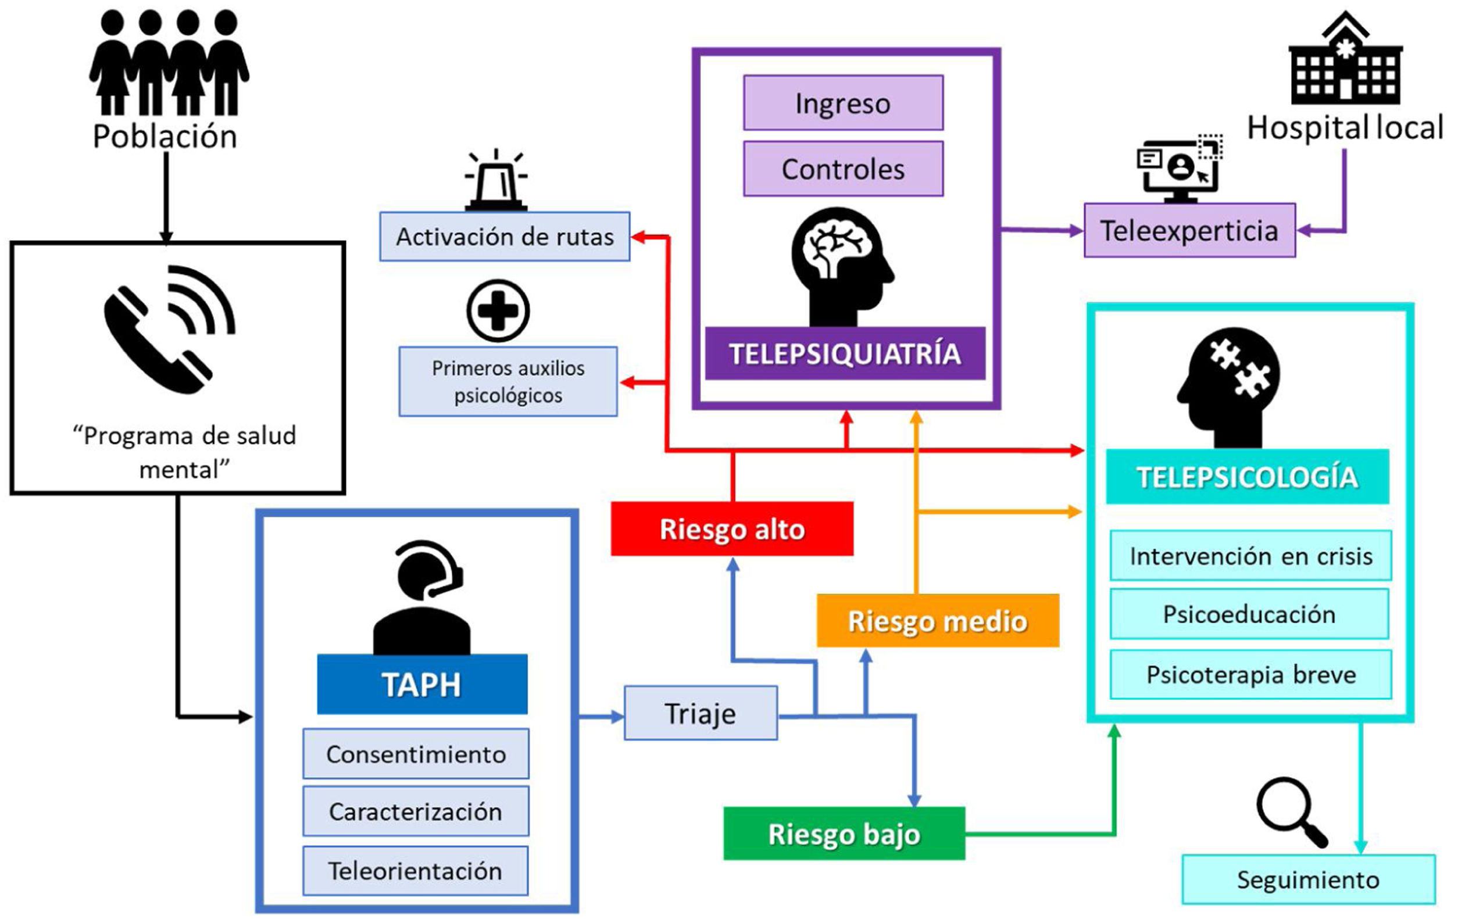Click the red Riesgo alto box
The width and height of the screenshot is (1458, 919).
tap(731, 528)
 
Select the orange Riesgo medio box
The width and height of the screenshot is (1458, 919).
tap(937, 621)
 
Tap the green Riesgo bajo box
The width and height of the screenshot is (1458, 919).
tap(844, 833)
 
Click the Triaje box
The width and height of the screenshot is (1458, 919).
tap(701, 713)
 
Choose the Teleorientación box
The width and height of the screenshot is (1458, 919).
tap(415, 871)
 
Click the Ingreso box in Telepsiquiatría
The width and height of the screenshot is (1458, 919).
tap(843, 103)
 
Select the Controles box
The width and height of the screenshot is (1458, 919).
tap(843, 169)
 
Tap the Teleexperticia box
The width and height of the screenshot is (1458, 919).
tap(1189, 231)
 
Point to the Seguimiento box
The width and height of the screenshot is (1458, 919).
tap(1308, 879)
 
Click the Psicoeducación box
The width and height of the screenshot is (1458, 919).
tap(1249, 614)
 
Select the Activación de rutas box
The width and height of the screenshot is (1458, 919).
tap(505, 236)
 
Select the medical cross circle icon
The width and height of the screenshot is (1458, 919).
tap(498, 310)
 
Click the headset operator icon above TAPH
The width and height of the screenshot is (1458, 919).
tap(421, 596)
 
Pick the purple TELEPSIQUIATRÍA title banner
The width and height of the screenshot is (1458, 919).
tap(845, 353)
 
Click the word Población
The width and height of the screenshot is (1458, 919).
tap(165, 136)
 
